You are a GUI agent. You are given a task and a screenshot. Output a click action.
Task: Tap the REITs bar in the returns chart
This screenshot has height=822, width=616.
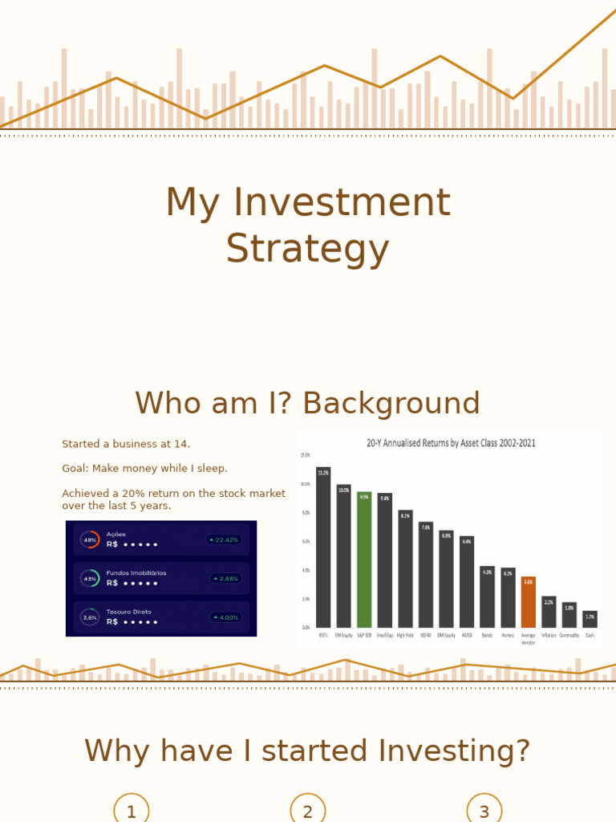(x=323, y=547)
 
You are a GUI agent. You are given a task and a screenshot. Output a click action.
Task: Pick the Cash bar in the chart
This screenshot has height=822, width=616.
(x=590, y=619)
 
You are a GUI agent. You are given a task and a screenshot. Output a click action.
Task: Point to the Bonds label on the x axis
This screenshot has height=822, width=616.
(x=487, y=635)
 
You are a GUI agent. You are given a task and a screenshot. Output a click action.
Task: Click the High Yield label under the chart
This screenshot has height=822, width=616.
(x=405, y=635)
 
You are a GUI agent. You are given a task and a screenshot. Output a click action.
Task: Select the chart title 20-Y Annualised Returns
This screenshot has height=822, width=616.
(x=451, y=442)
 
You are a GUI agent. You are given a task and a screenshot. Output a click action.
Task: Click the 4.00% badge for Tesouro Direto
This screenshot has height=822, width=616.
(x=225, y=617)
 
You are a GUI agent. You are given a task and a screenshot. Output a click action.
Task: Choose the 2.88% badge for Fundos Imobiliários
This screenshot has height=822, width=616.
(x=225, y=579)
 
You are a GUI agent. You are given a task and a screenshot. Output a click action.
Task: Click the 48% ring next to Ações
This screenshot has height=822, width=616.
(x=90, y=540)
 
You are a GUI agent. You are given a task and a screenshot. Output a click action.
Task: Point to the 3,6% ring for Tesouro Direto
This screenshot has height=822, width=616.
(x=90, y=617)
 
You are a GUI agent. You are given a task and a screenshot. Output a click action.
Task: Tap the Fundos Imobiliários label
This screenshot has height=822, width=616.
(x=136, y=573)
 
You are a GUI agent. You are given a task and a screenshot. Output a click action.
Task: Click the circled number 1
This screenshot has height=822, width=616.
(x=132, y=811)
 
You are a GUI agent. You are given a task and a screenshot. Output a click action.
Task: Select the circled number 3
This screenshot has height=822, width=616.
(x=484, y=811)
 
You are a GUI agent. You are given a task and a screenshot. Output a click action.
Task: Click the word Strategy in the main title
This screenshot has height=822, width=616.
(x=307, y=249)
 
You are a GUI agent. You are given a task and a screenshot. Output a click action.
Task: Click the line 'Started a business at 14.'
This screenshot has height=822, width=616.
(x=126, y=444)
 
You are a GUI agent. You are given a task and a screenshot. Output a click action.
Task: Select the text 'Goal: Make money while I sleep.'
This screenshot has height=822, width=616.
(x=144, y=468)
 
